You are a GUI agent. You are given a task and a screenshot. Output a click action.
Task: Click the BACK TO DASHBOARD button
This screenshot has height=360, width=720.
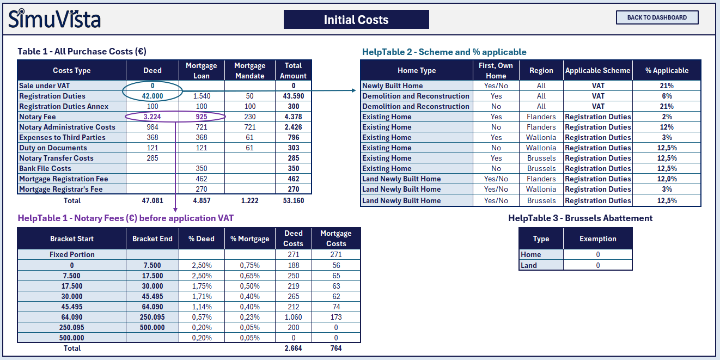tap(657, 17)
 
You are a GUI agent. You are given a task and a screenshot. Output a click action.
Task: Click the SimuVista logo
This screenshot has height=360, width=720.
tap(54, 19)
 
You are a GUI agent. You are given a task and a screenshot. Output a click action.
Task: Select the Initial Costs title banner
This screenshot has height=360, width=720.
tap(356, 20)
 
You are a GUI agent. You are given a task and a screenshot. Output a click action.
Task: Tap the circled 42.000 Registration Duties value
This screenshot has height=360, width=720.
tap(152, 96)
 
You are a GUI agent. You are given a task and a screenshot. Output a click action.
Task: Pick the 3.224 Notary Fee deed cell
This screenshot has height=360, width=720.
tap(152, 117)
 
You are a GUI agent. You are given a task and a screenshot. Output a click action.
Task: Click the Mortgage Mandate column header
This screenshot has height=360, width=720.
tap(249, 70)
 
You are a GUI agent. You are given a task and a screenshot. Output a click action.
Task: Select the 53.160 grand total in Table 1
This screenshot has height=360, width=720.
tap(293, 200)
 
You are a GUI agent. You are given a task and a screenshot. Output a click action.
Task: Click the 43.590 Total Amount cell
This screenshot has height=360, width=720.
tap(293, 96)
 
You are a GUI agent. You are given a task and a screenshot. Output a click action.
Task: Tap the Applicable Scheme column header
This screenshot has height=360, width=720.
tap(597, 70)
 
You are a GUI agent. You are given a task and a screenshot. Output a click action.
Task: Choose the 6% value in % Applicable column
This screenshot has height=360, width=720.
tap(667, 96)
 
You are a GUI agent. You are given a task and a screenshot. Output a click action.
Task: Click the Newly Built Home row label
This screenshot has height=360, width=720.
tap(392, 86)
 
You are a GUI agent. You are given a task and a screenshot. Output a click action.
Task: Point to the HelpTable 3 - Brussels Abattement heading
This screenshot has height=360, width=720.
tap(580, 218)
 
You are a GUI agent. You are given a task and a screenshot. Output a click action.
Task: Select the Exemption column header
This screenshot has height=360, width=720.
tap(597, 239)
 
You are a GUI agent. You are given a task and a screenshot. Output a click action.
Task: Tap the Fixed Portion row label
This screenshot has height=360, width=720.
tap(72, 254)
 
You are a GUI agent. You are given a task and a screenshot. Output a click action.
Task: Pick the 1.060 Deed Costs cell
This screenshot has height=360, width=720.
tap(293, 317)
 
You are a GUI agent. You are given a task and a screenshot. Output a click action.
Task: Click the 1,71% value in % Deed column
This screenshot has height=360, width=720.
tap(202, 296)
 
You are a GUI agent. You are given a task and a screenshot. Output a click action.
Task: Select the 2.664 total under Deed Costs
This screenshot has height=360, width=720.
tap(293, 348)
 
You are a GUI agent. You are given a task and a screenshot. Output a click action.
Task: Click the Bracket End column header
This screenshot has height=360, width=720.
tap(152, 239)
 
